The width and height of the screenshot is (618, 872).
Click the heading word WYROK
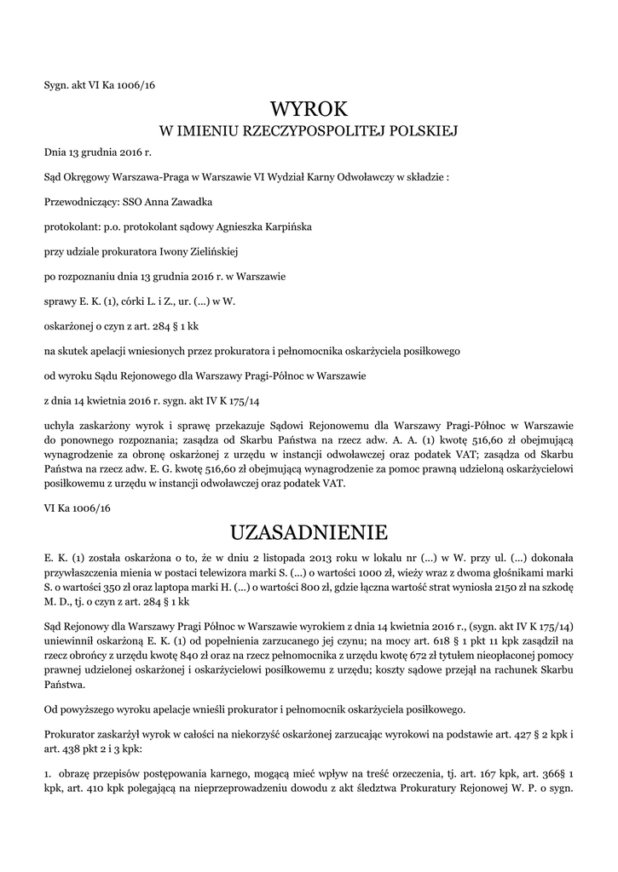[309, 109]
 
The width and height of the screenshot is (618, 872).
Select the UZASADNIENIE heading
[309, 532]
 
